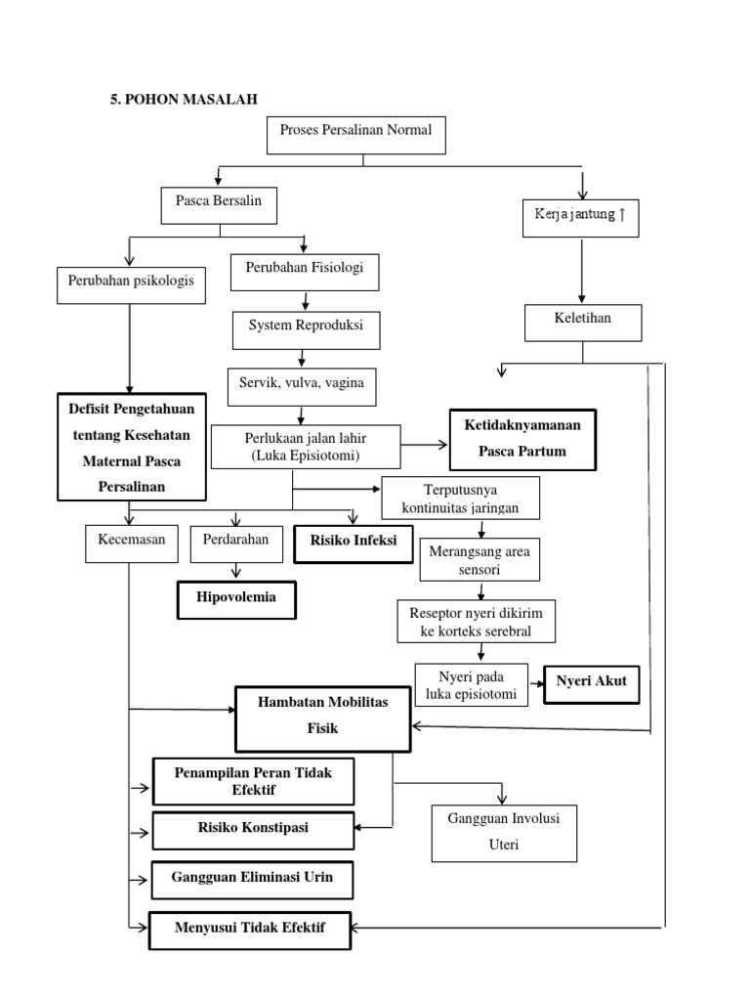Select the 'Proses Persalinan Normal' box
[355, 136]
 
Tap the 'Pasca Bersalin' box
[218, 204]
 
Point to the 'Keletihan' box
[583, 322]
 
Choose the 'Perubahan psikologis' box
[131, 281]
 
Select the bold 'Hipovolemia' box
[236, 599]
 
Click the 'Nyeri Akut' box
[591, 683]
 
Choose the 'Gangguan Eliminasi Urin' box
[252, 879]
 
